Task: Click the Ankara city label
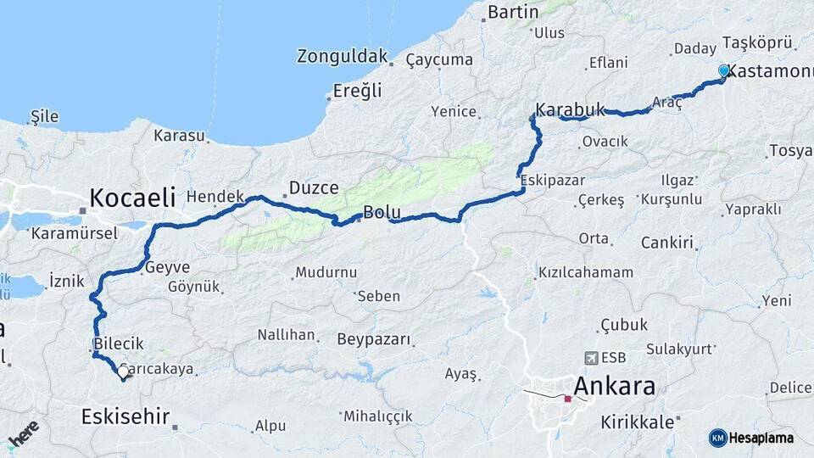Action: click(615, 387)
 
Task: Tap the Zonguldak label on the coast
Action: click(342, 57)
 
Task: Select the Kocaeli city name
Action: click(132, 198)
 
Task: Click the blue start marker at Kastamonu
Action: click(723, 70)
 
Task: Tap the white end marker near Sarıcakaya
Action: click(124, 371)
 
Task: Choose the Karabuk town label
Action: click(571, 109)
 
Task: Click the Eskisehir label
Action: click(125, 416)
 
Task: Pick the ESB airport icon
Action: click(590, 358)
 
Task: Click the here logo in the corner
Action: click(24, 434)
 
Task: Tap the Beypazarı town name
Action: click(374, 339)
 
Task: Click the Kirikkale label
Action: click(637, 422)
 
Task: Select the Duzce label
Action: click(314, 187)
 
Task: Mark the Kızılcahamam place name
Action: click(586, 272)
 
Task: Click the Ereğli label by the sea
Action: click(357, 90)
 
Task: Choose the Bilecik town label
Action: click(120, 343)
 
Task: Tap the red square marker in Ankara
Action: click(567, 398)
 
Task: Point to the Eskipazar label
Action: click(553, 181)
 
